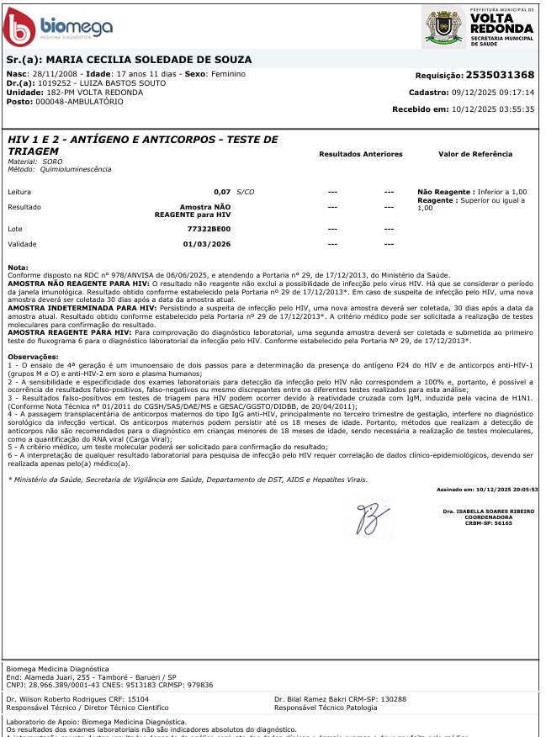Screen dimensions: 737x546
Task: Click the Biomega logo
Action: click(58, 27)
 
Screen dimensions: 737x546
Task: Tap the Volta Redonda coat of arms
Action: click(444, 27)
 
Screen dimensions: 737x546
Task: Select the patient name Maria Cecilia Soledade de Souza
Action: click(148, 61)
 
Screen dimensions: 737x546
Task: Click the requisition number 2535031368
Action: click(500, 75)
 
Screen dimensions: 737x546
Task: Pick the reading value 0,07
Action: click(222, 192)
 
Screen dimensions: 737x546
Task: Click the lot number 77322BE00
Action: click(209, 228)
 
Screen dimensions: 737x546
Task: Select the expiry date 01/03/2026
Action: click(207, 244)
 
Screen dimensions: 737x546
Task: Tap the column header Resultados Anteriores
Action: click(361, 154)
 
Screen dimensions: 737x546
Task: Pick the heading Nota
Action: click(18, 267)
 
